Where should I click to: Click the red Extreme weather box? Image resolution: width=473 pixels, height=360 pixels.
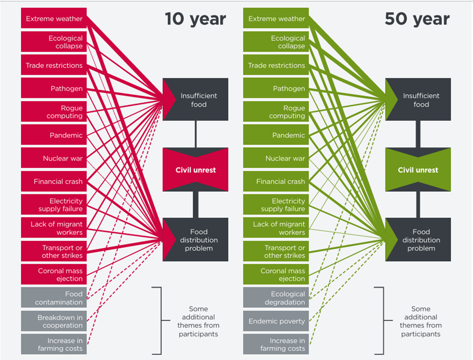(x=54, y=18)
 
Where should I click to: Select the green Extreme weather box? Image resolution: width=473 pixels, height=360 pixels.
(x=276, y=18)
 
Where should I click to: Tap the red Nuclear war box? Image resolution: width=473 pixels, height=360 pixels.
(x=54, y=158)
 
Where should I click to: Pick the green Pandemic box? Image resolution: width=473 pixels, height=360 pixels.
(x=276, y=135)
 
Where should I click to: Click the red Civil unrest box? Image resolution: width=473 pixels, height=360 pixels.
(x=196, y=170)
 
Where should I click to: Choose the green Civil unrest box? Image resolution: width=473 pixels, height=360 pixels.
(x=418, y=170)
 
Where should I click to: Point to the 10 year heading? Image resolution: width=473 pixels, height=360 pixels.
(x=196, y=19)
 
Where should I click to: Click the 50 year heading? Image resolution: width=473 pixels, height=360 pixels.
(x=417, y=19)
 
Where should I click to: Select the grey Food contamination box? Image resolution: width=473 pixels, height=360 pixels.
(x=54, y=298)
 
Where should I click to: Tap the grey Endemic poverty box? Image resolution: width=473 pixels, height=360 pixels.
(x=276, y=321)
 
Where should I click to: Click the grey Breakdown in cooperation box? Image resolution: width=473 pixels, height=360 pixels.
(x=54, y=321)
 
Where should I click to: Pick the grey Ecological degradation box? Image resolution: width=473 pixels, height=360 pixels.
(x=276, y=298)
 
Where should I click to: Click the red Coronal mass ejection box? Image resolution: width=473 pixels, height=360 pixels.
(x=54, y=274)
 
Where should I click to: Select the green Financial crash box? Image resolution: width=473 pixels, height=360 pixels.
(x=276, y=181)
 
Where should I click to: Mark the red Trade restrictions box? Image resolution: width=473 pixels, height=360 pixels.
(x=54, y=65)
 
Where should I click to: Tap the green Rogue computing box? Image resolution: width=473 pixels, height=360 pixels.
(x=276, y=112)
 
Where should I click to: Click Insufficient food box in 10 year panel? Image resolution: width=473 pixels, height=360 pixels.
(x=196, y=99)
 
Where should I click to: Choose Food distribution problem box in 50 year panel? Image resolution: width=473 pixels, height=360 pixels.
(x=418, y=239)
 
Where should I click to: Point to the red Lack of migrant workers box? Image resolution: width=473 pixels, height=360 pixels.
(x=54, y=228)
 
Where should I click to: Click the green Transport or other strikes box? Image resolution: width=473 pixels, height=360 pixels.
(x=276, y=251)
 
